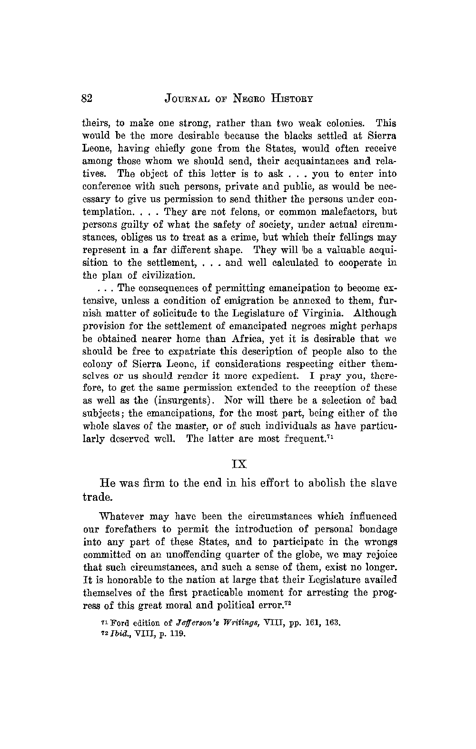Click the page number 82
87,99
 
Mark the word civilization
164,275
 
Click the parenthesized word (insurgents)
186,401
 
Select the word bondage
378,529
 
